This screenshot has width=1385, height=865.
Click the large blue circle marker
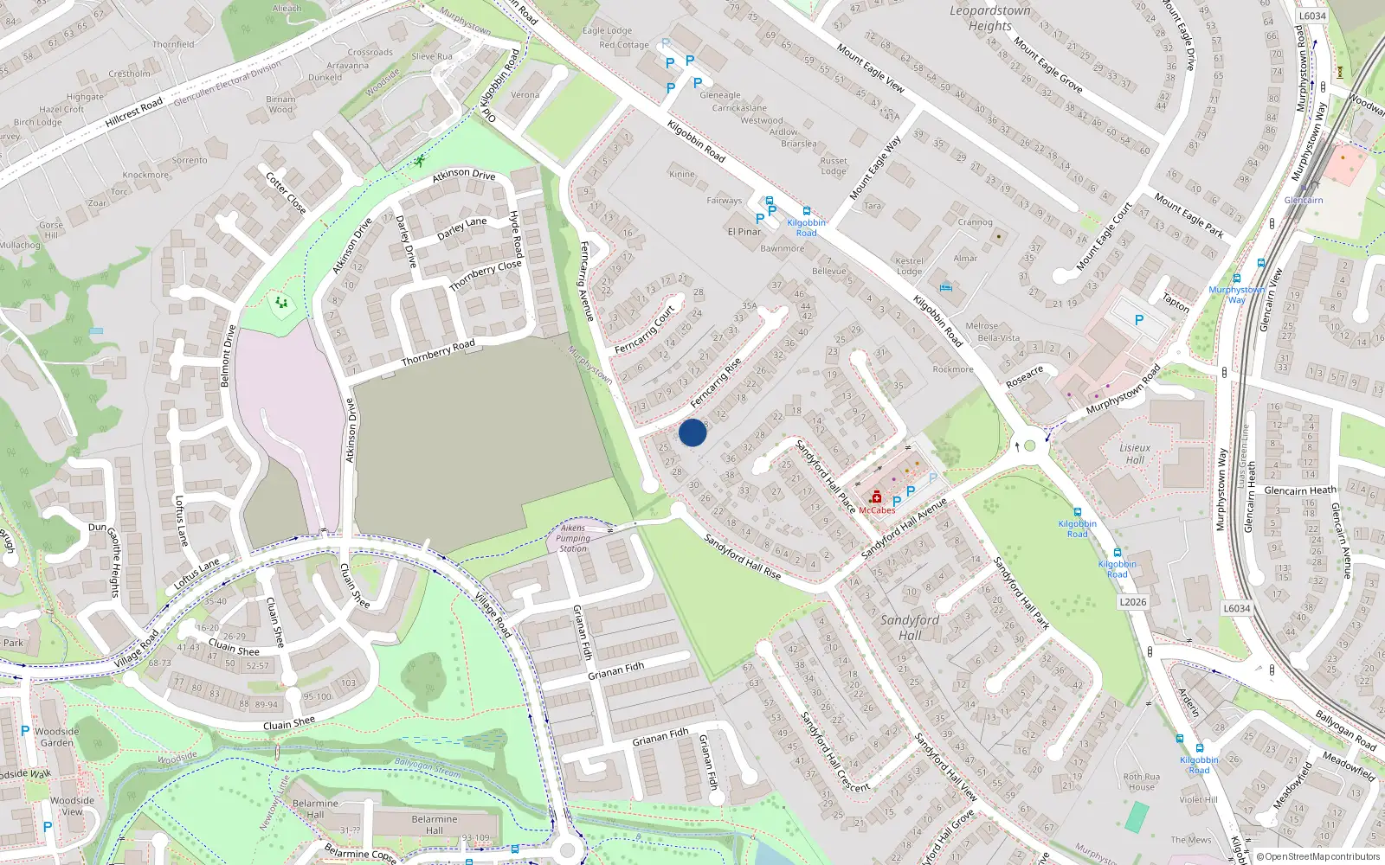(x=692, y=432)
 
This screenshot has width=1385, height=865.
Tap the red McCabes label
(x=877, y=510)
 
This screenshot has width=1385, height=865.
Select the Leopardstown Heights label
(x=990, y=18)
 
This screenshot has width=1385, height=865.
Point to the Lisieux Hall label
(x=1135, y=454)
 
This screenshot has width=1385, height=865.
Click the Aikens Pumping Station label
(x=573, y=538)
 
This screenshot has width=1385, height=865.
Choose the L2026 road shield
(x=1133, y=602)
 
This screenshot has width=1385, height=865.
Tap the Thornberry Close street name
(x=486, y=275)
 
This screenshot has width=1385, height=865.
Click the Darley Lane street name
(x=462, y=228)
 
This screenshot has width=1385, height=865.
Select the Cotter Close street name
(x=286, y=192)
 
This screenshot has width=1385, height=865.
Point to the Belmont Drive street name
(x=228, y=356)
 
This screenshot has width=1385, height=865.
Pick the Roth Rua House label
(x=1142, y=782)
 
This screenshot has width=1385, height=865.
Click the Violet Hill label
(x=1198, y=799)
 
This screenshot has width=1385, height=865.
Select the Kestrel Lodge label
(x=909, y=266)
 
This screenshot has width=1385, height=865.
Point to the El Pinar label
(x=744, y=232)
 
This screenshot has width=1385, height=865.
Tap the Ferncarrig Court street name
(x=645, y=330)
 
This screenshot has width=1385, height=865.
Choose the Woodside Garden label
(x=57, y=737)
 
